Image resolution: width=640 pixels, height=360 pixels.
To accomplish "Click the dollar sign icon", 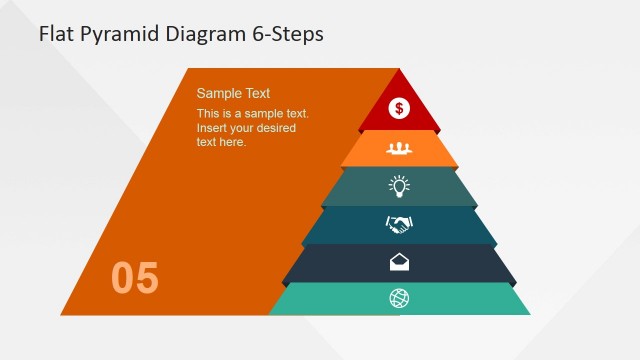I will click(x=399, y=108).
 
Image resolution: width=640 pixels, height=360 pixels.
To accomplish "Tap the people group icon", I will click(x=399, y=148).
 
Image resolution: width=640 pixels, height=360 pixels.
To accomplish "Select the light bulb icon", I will click(x=399, y=186).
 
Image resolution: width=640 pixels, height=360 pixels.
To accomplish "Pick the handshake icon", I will click(x=399, y=224).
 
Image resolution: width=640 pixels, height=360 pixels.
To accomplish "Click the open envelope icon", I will click(x=399, y=262).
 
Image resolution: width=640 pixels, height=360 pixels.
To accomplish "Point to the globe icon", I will click(x=399, y=298).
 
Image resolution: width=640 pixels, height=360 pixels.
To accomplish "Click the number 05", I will click(x=135, y=278).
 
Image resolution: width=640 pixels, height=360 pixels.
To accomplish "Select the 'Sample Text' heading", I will click(x=233, y=93).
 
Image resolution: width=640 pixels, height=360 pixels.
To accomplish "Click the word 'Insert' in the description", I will click(x=213, y=128).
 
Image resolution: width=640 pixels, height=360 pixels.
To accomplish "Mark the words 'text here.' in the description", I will click(x=221, y=142).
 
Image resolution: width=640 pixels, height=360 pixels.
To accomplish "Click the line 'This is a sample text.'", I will click(x=252, y=114).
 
